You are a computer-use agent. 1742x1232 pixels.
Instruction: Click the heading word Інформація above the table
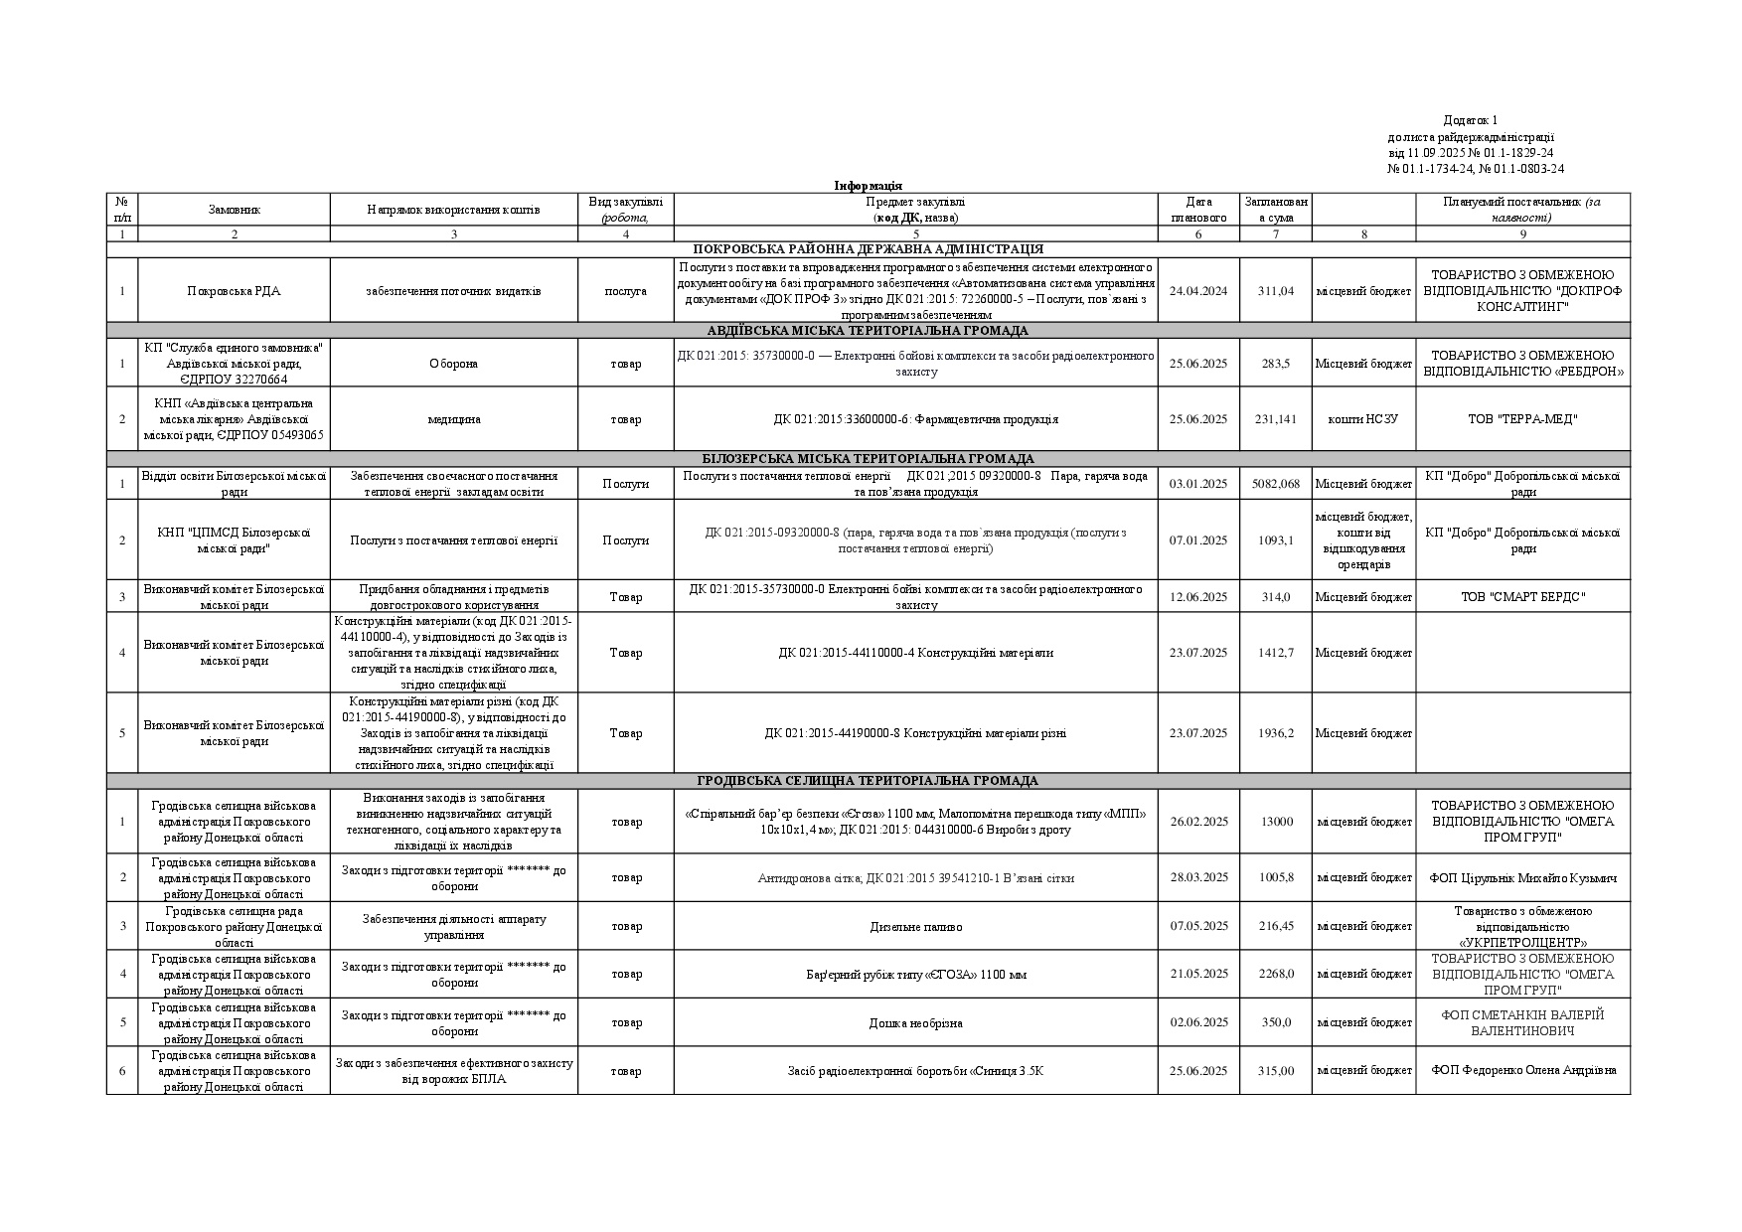[868, 186]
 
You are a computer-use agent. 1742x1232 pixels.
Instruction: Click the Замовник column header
[234, 210]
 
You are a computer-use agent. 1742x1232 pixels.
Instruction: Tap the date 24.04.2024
[1197, 291]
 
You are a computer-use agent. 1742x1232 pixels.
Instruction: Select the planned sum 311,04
[1275, 291]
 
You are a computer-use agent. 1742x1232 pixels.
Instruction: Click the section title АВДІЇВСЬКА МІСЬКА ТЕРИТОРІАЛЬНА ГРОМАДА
[868, 331]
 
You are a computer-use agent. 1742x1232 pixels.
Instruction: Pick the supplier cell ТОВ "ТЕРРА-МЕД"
[1522, 419]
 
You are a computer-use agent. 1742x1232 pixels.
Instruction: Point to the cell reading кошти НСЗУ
[1362, 419]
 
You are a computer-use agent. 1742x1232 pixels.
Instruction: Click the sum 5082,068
[1277, 484]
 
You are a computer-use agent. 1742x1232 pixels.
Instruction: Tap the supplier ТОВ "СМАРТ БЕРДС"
[1522, 597]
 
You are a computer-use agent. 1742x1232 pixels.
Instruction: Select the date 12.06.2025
[1197, 597]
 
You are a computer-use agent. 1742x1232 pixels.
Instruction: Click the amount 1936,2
[1275, 733]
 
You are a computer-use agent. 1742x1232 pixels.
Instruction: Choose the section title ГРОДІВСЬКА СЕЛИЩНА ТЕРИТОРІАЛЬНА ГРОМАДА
[868, 781]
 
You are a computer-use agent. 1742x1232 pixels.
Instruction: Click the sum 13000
[1275, 822]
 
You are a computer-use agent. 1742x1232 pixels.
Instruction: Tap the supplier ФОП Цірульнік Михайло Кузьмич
[1522, 878]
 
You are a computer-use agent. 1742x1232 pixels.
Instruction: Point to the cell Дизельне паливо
[915, 927]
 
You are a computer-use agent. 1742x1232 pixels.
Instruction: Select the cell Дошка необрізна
[915, 1023]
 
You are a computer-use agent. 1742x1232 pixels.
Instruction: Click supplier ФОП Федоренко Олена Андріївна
[1522, 1071]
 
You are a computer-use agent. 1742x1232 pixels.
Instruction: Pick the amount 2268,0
[1275, 975]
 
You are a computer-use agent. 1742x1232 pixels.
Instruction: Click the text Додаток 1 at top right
[1470, 120]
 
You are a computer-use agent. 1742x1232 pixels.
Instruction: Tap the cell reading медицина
[453, 419]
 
